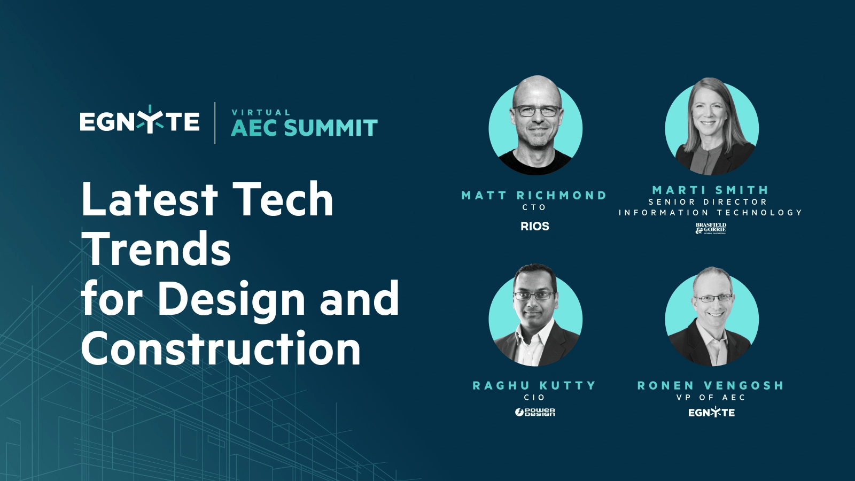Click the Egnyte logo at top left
[x=139, y=121]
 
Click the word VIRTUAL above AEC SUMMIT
[x=261, y=112]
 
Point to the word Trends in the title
[x=156, y=249]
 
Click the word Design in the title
[x=231, y=299]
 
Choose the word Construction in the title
[x=221, y=348]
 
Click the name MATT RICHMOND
[x=534, y=196]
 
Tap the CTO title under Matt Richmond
[x=534, y=207]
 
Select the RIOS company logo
[x=534, y=226]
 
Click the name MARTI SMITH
[x=710, y=190]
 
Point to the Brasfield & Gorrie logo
[x=711, y=229]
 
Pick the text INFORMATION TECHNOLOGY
[x=710, y=213]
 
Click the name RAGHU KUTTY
[x=534, y=385]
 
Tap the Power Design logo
[x=535, y=412]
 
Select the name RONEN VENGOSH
[x=710, y=385]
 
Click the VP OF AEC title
[x=710, y=398]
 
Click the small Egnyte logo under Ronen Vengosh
[x=711, y=413]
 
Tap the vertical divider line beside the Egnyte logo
[x=215, y=123]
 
